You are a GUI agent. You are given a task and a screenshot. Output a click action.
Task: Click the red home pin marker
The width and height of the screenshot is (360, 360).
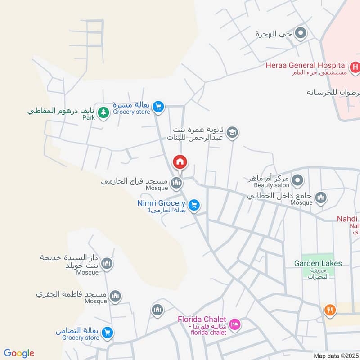pos(180,162)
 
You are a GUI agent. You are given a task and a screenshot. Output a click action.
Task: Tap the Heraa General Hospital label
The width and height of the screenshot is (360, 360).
pos(306,66)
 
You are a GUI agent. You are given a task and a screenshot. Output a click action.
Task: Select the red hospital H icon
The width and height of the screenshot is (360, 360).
pos(355,67)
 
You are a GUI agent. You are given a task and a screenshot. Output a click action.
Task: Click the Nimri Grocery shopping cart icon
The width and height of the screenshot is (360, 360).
pos(194,205)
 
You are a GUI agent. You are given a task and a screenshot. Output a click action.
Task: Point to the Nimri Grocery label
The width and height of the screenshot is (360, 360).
pos(161,203)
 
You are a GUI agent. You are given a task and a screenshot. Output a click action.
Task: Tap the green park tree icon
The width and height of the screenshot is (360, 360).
pos(103,112)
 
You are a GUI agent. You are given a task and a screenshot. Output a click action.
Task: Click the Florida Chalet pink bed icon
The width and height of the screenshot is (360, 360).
pos(234,324)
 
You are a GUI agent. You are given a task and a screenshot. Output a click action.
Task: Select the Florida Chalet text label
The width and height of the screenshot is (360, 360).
pos(202,319)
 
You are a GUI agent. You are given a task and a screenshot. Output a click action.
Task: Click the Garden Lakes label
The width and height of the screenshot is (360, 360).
pos(318,263)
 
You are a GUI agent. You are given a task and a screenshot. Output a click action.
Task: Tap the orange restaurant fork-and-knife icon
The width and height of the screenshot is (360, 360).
pos(330,310)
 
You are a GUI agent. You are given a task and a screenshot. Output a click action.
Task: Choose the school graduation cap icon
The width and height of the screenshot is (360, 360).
pos(232,133)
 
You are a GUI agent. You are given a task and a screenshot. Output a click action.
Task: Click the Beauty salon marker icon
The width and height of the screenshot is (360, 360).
pos(297,181)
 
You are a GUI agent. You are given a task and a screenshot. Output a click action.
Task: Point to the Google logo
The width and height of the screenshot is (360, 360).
pos(19,353)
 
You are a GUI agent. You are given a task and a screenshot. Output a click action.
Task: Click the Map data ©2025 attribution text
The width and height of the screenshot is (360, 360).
pos(336,355)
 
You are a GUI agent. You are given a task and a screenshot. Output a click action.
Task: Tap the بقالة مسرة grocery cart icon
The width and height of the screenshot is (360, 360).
pos(157,107)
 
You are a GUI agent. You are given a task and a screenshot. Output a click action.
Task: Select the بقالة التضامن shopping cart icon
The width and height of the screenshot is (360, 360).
pos(107,333)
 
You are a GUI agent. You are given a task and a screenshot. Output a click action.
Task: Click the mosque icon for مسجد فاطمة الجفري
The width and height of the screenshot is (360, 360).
pos(116,296)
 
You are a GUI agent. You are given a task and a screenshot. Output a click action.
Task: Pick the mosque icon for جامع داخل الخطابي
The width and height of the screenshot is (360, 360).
pos(320,198)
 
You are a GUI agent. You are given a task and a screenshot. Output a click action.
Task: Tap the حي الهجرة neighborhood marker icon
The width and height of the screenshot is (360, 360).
pos(301,33)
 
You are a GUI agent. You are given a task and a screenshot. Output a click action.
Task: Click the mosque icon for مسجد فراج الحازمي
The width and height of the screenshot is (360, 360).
pos(176,183)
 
